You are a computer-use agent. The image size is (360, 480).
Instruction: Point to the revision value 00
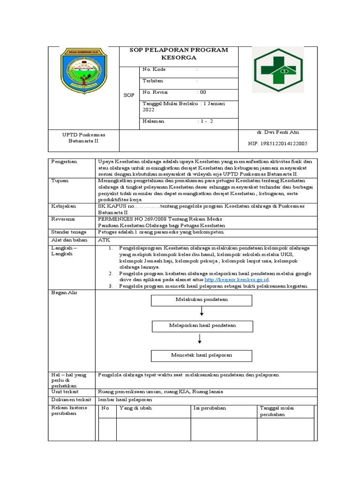pyautogui.click(x=202, y=92)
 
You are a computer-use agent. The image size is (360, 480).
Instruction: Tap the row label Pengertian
pyautogui.click(x=65, y=161)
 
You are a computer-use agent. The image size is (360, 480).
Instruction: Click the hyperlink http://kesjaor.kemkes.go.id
pyautogui.click(x=237, y=279)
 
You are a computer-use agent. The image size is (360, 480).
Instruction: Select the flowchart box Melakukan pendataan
pyautogui.click(x=202, y=300)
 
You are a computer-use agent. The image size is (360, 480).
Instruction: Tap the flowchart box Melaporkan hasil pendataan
pyautogui.click(x=202, y=325)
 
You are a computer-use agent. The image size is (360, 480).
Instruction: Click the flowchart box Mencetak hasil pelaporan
pyautogui.click(x=202, y=355)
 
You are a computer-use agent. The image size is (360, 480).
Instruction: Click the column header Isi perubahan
pyautogui.click(x=210, y=408)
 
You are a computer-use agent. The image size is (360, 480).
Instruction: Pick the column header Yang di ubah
pyautogui.click(x=135, y=408)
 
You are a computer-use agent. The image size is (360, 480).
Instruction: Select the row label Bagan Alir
pyautogui.click(x=64, y=292)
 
